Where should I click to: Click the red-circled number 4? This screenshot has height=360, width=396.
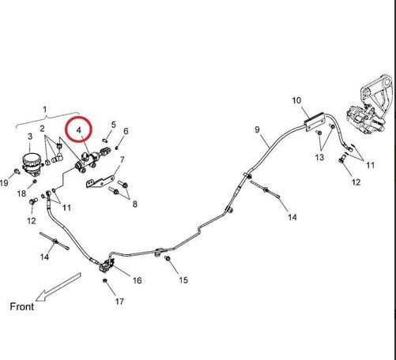(79, 129)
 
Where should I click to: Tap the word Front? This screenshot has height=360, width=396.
(22, 306)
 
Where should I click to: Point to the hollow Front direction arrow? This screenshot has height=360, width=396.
(58, 287)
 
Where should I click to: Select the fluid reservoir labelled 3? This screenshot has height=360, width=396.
(32, 163)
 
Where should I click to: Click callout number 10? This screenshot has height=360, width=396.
(296, 100)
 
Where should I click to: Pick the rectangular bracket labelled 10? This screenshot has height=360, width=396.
(314, 122)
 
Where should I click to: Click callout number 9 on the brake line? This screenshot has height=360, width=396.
(258, 129)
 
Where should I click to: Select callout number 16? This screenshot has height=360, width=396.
(137, 280)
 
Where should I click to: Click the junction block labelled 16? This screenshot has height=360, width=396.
(107, 265)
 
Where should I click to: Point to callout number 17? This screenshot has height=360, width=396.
(119, 302)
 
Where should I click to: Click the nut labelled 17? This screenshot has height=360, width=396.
(104, 280)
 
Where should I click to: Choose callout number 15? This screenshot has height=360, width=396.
(183, 280)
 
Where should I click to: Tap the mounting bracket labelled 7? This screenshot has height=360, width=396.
(100, 182)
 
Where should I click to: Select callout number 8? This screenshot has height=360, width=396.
(135, 204)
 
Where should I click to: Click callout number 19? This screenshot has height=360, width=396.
(4, 182)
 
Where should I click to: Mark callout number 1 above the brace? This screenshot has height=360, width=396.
(45, 109)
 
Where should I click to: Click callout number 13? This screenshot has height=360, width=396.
(319, 158)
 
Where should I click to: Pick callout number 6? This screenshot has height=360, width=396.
(126, 131)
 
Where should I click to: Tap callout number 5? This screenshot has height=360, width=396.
(113, 125)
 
